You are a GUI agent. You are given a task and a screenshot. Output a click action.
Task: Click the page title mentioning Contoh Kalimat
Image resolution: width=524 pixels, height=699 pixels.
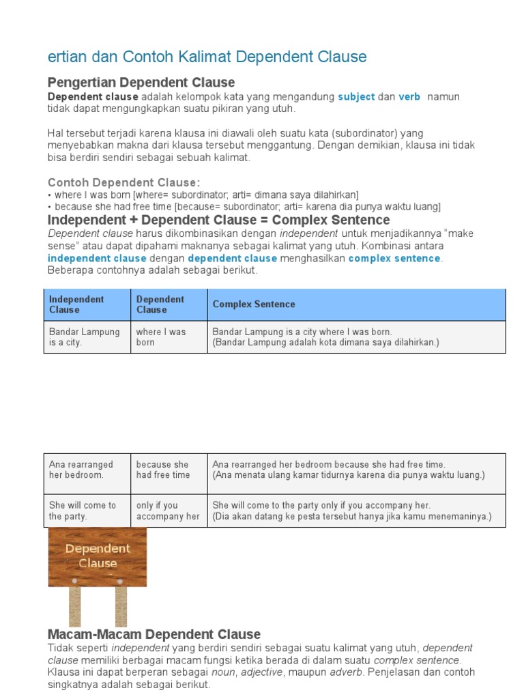click(x=207, y=57)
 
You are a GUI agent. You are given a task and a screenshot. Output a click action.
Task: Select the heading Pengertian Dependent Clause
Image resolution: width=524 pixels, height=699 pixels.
click(x=141, y=83)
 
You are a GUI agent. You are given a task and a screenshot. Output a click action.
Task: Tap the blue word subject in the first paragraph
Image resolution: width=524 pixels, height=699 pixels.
click(x=356, y=97)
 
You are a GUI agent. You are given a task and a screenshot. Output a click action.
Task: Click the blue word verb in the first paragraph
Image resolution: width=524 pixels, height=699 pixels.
click(x=409, y=97)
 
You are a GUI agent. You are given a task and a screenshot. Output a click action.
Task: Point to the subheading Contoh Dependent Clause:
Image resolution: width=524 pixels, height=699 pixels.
click(x=124, y=182)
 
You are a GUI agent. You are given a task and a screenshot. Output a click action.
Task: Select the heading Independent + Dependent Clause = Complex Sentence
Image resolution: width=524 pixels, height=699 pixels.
click(x=218, y=220)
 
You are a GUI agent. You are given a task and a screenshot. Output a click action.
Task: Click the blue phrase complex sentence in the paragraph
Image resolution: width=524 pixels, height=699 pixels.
click(x=394, y=259)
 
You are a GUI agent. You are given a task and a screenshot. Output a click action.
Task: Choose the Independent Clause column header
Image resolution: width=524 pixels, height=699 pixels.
click(x=76, y=304)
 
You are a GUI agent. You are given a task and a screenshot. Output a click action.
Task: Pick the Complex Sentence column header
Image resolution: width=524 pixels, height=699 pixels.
click(x=254, y=304)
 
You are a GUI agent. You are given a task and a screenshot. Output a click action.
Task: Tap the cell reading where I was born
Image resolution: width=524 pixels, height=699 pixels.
click(x=161, y=337)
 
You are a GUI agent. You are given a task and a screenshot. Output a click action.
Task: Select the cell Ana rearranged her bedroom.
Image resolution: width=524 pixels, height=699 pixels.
click(x=81, y=470)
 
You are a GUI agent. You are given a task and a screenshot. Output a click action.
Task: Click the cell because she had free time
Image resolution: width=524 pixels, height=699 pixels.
click(x=163, y=470)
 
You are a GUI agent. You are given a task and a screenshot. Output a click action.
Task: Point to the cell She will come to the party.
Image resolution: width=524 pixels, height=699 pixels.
click(x=83, y=511)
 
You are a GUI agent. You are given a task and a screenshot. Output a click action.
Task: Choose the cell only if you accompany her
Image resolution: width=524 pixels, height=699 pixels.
click(x=168, y=511)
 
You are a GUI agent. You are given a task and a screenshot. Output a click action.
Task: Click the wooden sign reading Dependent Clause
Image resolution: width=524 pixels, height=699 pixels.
click(x=98, y=556)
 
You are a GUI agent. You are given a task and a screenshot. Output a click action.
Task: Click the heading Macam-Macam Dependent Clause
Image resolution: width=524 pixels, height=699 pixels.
click(x=154, y=634)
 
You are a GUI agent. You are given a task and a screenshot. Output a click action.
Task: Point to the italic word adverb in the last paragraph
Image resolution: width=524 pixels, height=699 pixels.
click(x=346, y=672)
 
